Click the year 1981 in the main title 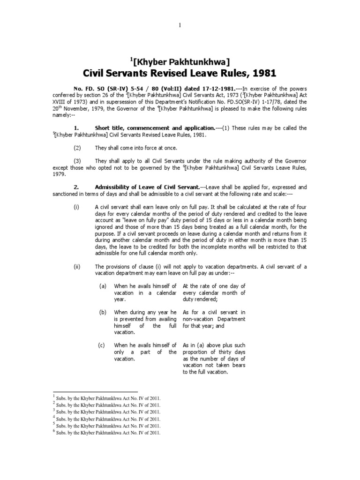click(x=262, y=73)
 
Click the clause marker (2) click(x=77, y=147)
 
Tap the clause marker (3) click(x=77, y=161)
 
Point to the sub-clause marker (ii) click(x=77, y=267)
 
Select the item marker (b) click(x=102, y=312)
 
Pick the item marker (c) click(x=102, y=345)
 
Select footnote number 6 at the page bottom click(x=54, y=432)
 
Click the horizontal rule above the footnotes click(x=96, y=391)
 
